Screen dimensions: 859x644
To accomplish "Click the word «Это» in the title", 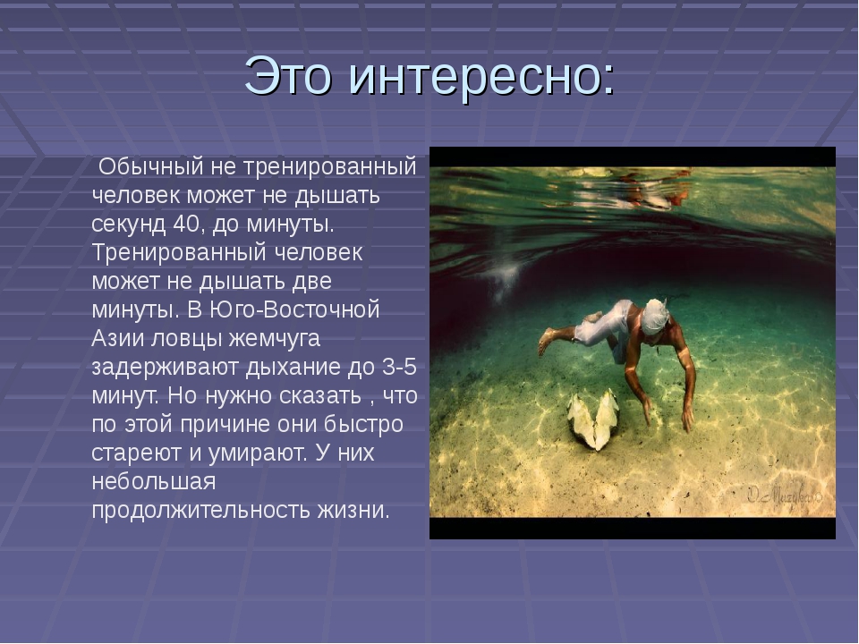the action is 287,75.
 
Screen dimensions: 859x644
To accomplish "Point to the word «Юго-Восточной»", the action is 294,309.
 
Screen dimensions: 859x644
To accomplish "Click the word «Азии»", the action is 117,338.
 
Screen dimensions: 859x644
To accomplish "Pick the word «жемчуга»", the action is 274,339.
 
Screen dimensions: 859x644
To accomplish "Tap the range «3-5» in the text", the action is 399,367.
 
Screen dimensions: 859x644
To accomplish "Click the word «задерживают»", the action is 165,368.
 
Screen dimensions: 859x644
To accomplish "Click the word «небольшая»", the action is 153,481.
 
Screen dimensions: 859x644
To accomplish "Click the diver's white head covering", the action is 655,316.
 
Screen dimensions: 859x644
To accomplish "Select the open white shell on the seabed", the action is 592,419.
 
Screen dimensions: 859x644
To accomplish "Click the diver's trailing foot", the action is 546,341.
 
